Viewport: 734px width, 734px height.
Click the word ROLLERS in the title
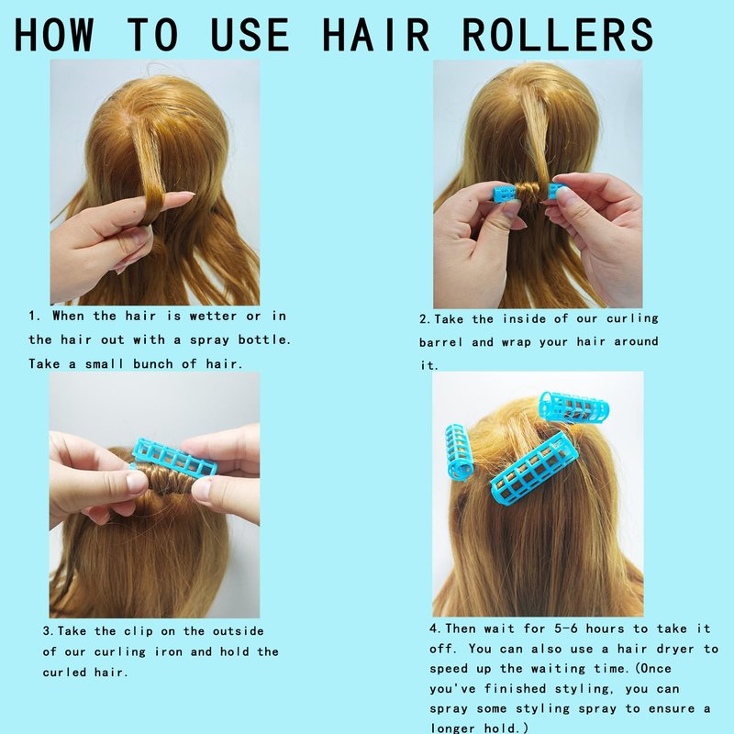click(557, 34)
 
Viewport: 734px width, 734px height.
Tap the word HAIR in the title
click(375, 34)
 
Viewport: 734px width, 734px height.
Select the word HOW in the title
click(54, 34)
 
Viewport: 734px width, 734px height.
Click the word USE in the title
click(250, 34)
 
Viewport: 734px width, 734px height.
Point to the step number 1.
click(32, 316)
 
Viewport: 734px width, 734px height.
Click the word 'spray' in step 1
click(208, 339)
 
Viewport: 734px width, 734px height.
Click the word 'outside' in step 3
click(239, 631)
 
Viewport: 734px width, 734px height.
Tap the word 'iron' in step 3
click(168, 651)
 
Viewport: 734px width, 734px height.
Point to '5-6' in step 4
click(566, 628)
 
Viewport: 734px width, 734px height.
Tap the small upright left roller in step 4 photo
click(459, 452)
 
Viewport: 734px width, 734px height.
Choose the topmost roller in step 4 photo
click(574, 406)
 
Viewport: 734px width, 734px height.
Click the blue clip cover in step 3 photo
click(174, 456)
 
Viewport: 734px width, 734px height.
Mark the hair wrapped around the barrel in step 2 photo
click(532, 193)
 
